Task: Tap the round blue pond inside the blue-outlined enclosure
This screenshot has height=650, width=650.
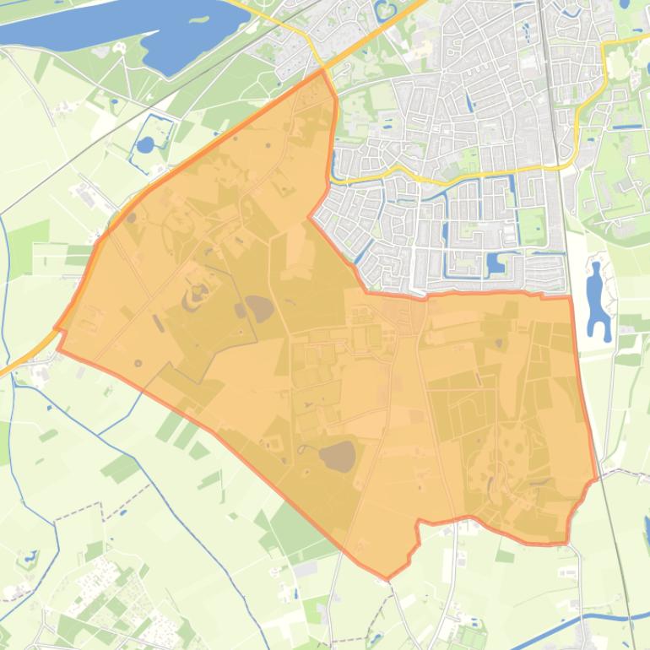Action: [x=145, y=144]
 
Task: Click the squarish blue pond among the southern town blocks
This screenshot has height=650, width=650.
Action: [x=496, y=264]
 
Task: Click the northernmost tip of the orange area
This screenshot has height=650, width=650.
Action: [x=322, y=71]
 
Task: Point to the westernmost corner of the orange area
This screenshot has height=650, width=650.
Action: [x=56, y=329]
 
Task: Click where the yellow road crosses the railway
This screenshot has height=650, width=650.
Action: [x=561, y=166]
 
